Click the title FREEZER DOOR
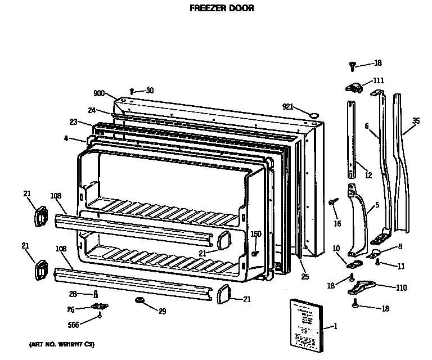click(x=217, y=8)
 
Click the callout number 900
click(x=100, y=93)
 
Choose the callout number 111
click(x=378, y=80)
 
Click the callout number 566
click(x=73, y=324)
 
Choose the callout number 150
click(x=256, y=234)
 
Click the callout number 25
click(x=305, y=277)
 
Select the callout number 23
click(x=73, y=121)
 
